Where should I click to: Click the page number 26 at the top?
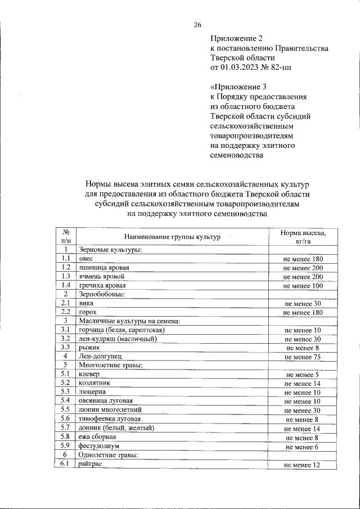click(x=197, y=24)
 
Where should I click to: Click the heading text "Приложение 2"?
click(x=236, y=39)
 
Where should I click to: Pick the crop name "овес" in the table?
click(x=86, y=258)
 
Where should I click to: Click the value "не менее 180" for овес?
click(x=303, y=259)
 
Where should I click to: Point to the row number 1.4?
click(x=66, y=286)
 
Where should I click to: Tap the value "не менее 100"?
click(x=303, y=286)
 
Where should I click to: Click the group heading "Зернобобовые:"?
click(x=102, y=294)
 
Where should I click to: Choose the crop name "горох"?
click(x=88, y=312)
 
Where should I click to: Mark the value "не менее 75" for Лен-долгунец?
click(x=303, y=357)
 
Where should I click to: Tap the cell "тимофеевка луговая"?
click(x=110, y=419)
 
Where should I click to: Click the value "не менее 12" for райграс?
click(x=302, y=465)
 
